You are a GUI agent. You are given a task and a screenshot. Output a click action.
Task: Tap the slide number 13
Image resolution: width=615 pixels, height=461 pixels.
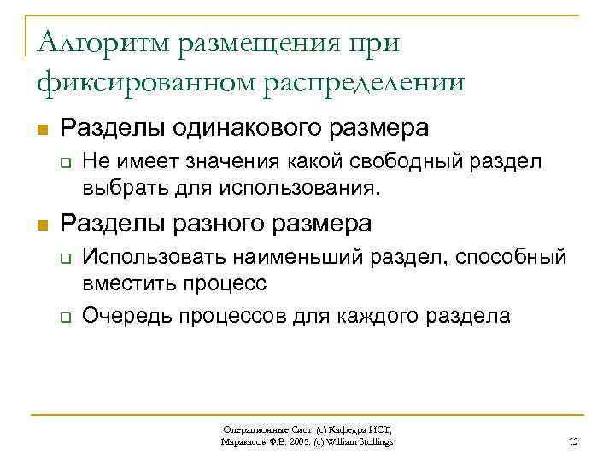pos(573,441)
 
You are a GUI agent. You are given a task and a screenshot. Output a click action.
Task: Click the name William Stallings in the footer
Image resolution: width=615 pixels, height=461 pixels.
pos(362,441)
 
